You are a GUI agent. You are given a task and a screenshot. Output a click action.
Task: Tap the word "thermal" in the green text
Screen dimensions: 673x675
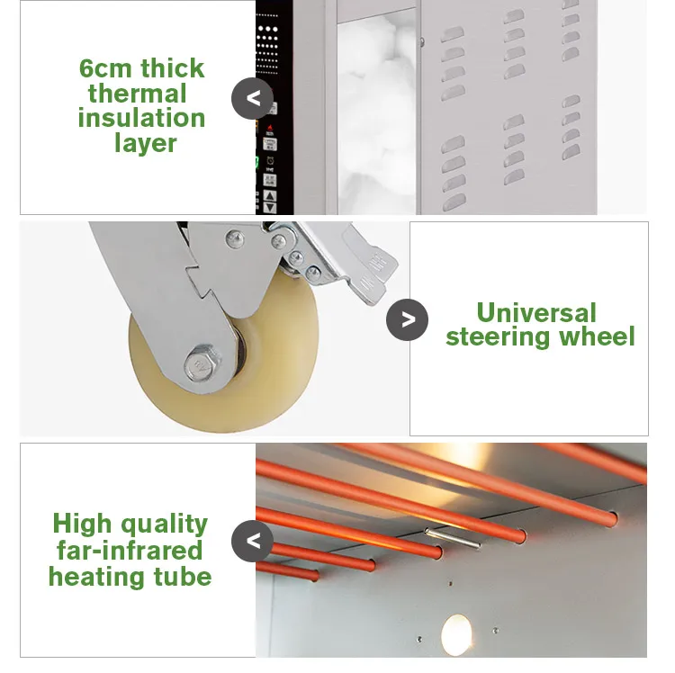pyautogui.click(x=137, y=93)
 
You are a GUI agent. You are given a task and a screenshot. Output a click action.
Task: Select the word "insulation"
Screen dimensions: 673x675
pyautogui.click(x=141, y=117)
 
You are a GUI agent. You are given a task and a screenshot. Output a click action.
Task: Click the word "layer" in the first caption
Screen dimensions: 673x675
pyautogui.click(x=146, y=142)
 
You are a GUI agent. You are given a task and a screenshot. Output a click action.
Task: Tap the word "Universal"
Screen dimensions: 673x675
pyautogui.click(x=536, y=312)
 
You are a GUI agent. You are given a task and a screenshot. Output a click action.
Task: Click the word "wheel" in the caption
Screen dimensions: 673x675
pyautogui.click(x=598, y=336)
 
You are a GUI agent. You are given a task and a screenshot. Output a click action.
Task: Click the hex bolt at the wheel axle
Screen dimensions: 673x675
pyautogui.click(x=199, y=365)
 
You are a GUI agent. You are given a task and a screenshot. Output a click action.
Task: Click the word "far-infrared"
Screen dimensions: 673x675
pyautogui.click(x=130, y=550)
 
